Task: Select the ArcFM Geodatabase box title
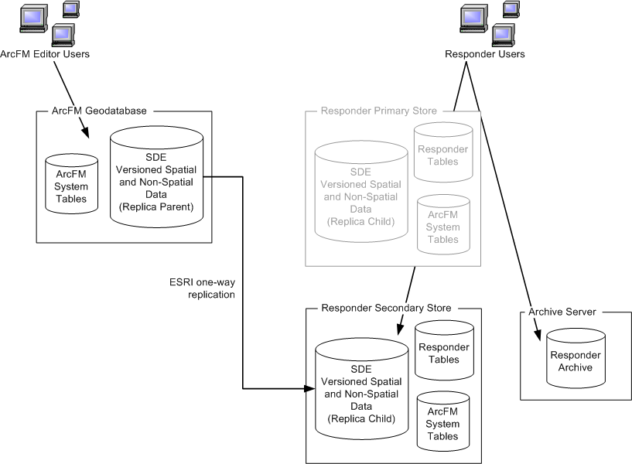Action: [83, 111]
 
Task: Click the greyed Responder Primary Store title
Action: [379, 111]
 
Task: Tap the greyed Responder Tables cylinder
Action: [442, 153]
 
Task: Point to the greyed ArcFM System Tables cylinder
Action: [442, 225]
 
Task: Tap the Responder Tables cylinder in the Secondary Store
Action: [443, 351]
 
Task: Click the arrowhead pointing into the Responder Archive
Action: [535, 336]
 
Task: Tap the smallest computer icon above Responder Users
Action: [511, 9]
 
